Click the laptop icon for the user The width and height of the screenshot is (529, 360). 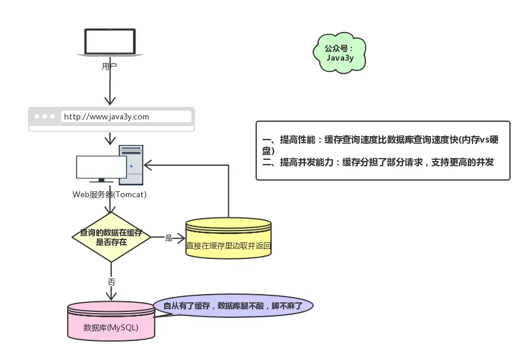point(109,43)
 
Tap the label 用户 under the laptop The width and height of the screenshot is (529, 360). point(109,67)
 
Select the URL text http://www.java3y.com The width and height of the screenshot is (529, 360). point(106,116)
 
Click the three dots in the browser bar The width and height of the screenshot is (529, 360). point(45,116)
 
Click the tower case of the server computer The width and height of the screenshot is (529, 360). point(131,165)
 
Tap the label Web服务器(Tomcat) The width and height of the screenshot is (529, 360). point(109,194)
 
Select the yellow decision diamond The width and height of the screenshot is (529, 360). point(111,238)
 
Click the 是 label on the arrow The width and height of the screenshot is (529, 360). point(168,238)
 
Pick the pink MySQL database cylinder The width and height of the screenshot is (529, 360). point(111,321)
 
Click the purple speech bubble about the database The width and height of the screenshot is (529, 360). point(233,306)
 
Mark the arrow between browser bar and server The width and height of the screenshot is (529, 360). point(109,139)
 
